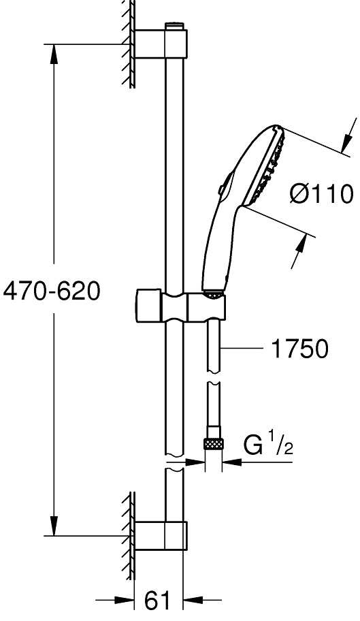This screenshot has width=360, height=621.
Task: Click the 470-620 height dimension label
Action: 52,291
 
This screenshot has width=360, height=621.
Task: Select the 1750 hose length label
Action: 299,349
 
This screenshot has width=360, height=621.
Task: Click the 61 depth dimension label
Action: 157,601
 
